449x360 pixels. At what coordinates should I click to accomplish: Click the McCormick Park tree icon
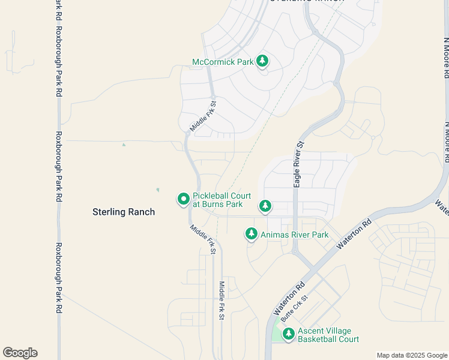tap(262, 61)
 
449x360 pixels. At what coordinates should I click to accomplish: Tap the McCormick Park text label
tap(223, 62)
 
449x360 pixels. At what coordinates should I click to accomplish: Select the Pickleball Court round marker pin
tap(183, 199)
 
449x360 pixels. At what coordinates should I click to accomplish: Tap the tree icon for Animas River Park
tap(252, 234)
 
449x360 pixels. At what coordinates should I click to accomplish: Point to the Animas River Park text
tap(294, 235)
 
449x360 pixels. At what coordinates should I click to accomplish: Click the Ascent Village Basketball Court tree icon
tap(289, 334)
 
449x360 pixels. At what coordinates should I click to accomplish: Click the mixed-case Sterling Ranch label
tap(124, 212)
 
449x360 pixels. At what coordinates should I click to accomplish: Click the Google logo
tap(20, 353)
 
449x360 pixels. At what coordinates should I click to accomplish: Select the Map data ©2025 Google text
tap(412, 355)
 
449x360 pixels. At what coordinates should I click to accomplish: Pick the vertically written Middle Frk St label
tap(221, 301)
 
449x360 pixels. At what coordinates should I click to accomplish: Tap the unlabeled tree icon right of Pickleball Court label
tap(265, 206)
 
